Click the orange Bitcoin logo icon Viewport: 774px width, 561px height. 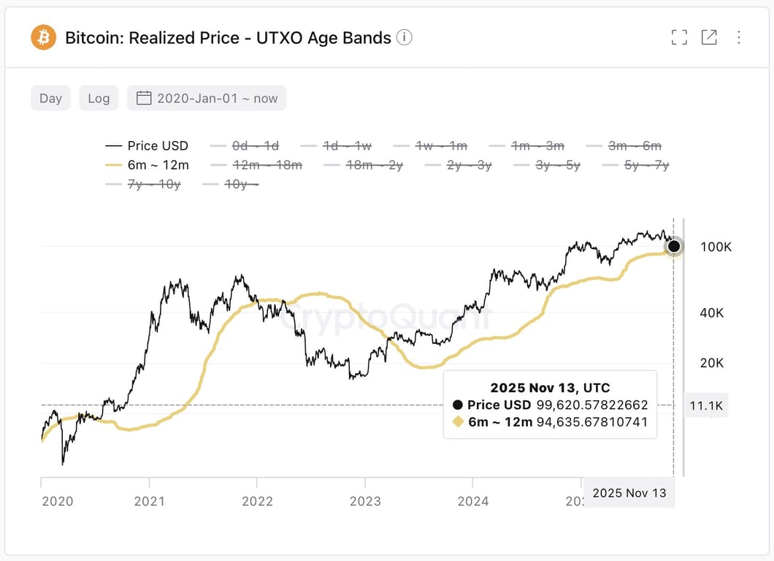coord(43,37)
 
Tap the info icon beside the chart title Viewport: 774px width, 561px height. coord(405,37)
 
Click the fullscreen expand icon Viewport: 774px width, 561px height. coord(679,37)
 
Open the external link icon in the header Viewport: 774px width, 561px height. coord(709,37)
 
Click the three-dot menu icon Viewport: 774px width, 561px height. coord(739,37)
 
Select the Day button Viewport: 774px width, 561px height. coord(50,98)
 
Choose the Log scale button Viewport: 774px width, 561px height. coord(99,98)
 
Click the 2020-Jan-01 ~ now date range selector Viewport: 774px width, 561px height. coord(207,98)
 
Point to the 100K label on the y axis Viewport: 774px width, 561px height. coord(715,247)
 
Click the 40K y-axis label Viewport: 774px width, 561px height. coord(712,313)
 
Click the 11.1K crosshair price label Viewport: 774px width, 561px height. coord(705,405)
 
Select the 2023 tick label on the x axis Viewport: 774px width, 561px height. coord(365,501)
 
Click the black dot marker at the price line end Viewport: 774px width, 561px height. coord(674,246)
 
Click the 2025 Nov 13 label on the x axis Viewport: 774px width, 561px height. coord(629,493)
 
